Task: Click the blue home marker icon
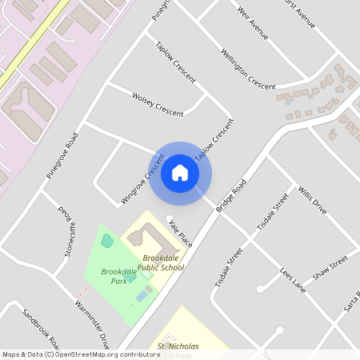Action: click(180, 173)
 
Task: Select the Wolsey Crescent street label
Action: click(158, 102)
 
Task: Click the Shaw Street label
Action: click(330, 268)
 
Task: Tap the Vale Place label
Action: click(181, 231)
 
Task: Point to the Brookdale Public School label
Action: click(163, 262)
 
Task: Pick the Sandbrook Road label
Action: click(40, 327)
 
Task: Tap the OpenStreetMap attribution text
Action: click(80, 354)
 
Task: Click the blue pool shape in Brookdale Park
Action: click(141, 296)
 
